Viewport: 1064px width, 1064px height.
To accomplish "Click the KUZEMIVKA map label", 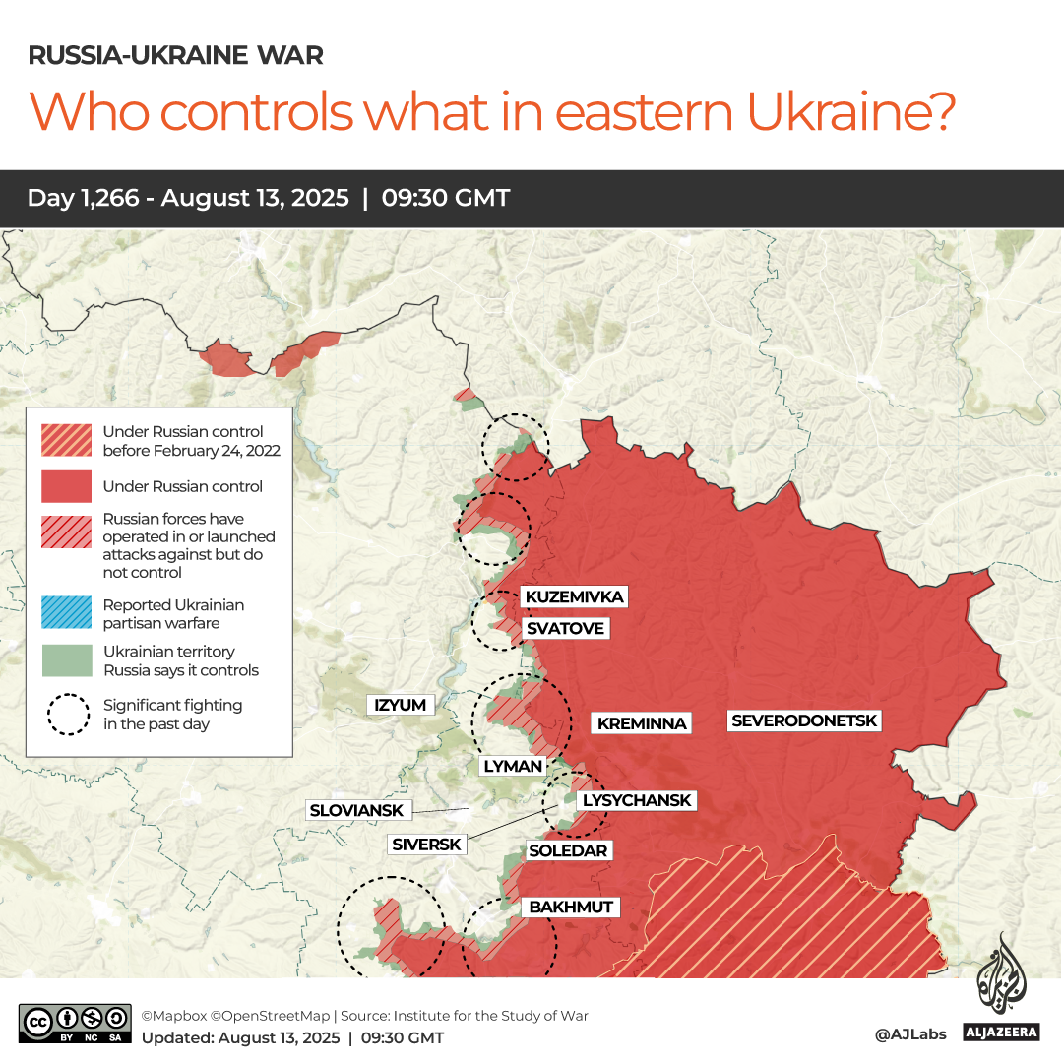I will point(574,597).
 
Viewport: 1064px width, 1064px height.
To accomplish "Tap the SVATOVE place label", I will point(565,628).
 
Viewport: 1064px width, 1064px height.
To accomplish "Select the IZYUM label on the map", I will point(401,705).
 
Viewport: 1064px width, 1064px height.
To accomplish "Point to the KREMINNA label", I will point(641,723).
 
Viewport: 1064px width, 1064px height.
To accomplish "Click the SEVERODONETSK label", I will point(804,721).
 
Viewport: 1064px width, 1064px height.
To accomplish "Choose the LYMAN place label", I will point(512,766).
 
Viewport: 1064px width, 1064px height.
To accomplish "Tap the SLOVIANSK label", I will point(356,810).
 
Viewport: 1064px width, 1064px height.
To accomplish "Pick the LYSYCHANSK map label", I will point(637,800).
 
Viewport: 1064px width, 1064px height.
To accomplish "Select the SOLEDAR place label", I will point(569,850).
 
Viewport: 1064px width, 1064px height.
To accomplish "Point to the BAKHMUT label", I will point(571,907).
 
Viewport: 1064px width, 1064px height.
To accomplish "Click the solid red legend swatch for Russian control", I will point(66,486).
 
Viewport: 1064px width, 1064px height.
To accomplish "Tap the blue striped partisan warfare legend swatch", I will point(66,613).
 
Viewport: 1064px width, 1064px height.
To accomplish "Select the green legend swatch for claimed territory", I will point(66,660).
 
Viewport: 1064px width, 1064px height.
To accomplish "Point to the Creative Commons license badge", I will point(75,1024).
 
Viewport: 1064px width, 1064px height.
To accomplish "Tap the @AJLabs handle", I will point(910,1034).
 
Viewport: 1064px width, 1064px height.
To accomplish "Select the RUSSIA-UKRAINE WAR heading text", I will point(175,55).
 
